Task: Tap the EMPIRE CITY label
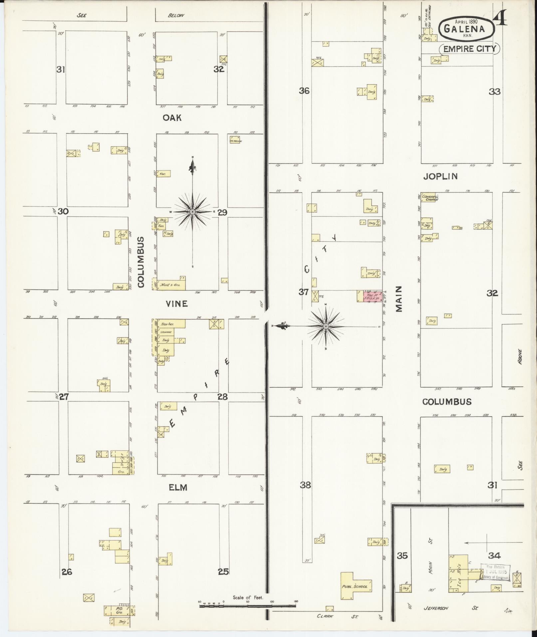(469, 49)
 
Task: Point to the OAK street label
(172, 118)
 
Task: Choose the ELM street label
(178, 487)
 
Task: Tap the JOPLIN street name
(440, 176)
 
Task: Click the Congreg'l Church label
(429, 198)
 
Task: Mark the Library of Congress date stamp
(496, 572)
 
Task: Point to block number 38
(305, 485)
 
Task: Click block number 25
(223, 571)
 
